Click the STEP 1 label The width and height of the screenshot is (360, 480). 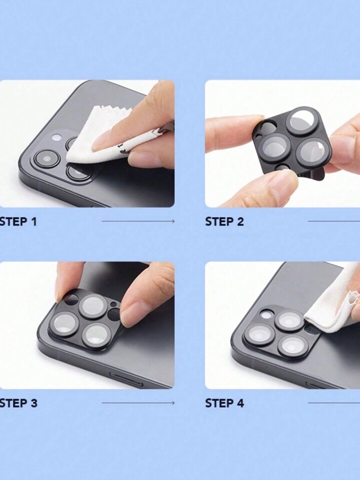click(18, 222)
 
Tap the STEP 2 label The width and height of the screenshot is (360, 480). click(224, 222)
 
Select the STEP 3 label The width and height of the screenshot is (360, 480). click(18, 403)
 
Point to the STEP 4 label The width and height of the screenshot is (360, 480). click(224, 403)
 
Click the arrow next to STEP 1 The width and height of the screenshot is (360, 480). click(138, 221)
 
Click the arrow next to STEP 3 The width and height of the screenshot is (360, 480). click(138, 403)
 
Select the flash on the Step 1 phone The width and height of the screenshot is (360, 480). click(56, 138)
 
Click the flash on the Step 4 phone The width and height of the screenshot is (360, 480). click(265, 315)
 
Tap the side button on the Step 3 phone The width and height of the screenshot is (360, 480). click(126, 379)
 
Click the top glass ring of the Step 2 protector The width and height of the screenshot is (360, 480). click(301, 121)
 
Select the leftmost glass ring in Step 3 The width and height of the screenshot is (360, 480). click(64, 324)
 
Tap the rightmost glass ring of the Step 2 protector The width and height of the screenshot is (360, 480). click(312, 152)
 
